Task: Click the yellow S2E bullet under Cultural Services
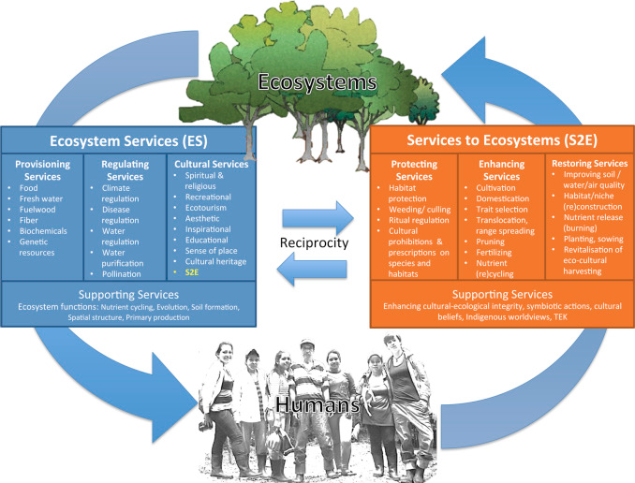[192, 272]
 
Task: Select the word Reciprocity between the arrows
[315, 243]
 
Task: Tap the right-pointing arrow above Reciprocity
[317, 218]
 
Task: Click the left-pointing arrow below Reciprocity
[312, 269]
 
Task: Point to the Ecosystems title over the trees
[317, 81]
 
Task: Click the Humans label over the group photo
[317, 404]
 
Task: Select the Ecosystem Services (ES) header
[128, 141]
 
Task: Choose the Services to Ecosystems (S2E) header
[502, 140]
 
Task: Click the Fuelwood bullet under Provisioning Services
[37, 210]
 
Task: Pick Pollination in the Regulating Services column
[122, 274]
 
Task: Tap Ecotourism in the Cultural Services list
[206, 208]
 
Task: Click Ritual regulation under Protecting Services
[419, 220]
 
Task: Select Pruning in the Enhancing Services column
[491, 241]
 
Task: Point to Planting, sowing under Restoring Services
[593, 239]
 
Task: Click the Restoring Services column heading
[590, 164]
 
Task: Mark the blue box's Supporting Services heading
[128, 295]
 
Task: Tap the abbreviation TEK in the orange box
[560, 316]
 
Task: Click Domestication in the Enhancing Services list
[503, 198]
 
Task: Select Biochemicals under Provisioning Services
[43, 231]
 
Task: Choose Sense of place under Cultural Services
[212, 251]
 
